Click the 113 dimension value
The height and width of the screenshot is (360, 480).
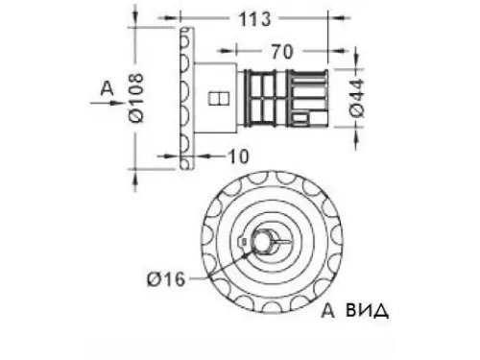pos(255,19)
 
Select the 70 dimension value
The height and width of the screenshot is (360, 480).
pos(282,52)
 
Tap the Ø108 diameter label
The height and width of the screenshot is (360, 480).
pos(136,98)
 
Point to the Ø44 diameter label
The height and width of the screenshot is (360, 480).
pos(357,98)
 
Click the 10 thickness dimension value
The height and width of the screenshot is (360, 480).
pos(238,156)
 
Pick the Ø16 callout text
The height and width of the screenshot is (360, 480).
pos(166,278)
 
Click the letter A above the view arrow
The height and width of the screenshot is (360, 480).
pos(107,88)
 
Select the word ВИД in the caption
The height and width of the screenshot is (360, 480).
pos(368,311)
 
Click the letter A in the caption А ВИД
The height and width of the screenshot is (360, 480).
pos(327,311)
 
